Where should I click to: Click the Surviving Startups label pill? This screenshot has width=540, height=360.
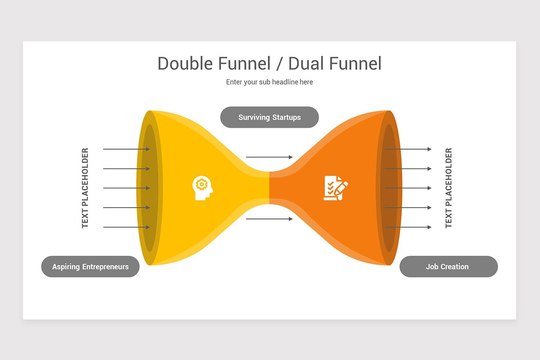click(269, 117)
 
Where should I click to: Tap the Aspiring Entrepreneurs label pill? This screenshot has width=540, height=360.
click(90, 267)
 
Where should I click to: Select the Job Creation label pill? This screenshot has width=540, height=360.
click(448, 267)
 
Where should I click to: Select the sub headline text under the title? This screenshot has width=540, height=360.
click(269, 82)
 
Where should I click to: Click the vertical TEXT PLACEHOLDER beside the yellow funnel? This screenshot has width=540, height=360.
click(85, 188)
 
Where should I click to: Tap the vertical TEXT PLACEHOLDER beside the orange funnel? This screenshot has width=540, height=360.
click(449, 188)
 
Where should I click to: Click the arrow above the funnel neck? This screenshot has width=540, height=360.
click(269, 157)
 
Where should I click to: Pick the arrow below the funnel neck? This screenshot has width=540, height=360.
click(269, 219)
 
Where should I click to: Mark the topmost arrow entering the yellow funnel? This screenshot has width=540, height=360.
click(126, 149)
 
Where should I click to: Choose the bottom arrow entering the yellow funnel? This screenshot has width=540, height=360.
click(126, 227)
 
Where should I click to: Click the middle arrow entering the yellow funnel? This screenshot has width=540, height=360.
click(126, 188)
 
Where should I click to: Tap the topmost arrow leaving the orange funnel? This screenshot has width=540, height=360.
click(408, 149)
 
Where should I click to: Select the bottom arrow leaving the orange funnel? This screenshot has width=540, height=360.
click(408, 227)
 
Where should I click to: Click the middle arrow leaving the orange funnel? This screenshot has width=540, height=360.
click(408, 188)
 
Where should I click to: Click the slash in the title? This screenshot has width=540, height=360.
click(279, 63)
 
